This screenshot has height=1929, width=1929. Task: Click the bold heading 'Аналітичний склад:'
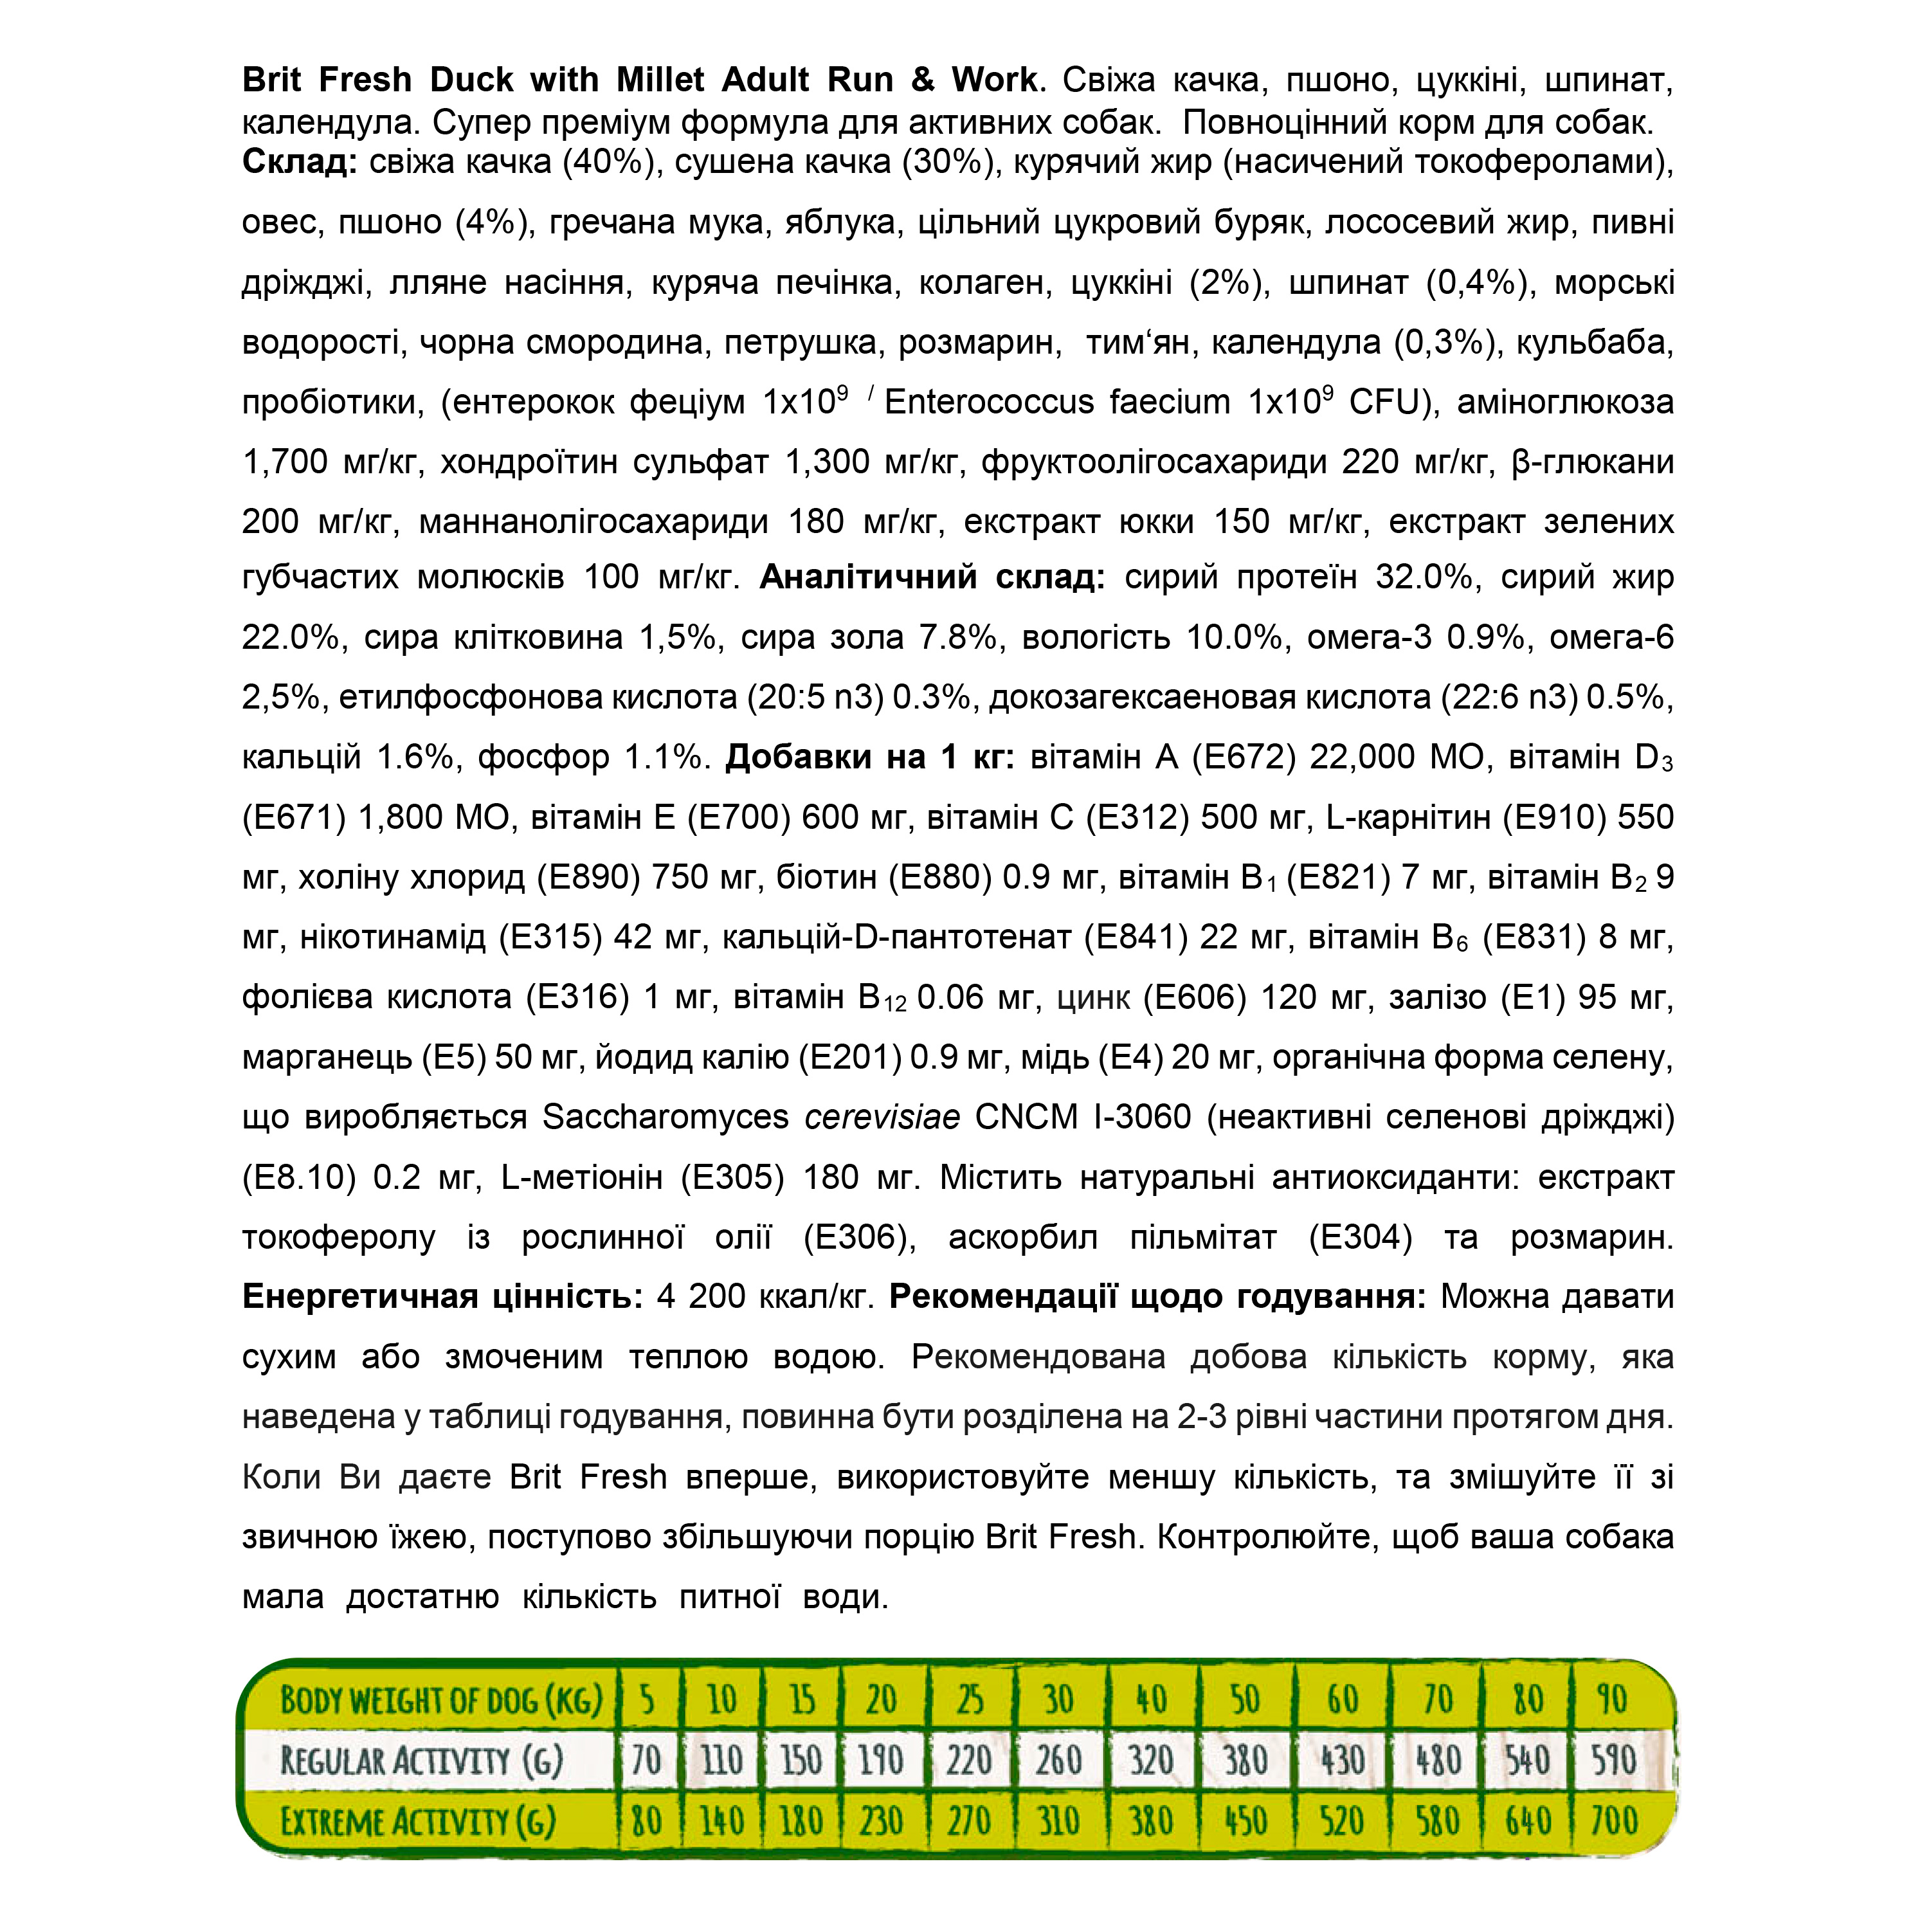tap(932, 577)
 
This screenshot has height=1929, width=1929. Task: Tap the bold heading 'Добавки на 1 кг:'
tap(869, 757)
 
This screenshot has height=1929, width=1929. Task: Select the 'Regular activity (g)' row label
tap(421, 1761)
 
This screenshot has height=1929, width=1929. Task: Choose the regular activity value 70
tap(647, 1761)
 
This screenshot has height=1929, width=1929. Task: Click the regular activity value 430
tap(1342, 1761)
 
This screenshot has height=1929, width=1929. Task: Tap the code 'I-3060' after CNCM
tap(1142, 1116)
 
